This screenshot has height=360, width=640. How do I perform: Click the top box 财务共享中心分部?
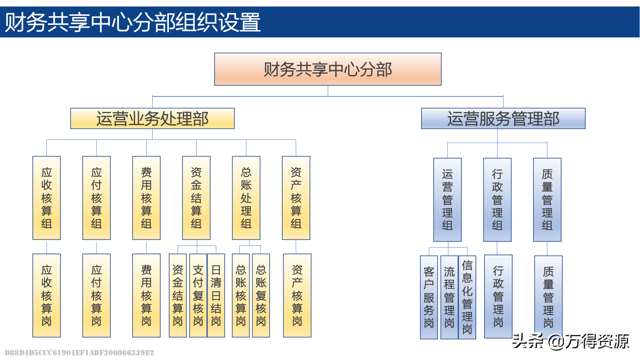tap(328, 69)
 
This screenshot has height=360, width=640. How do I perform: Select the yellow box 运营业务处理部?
tap(152, 118)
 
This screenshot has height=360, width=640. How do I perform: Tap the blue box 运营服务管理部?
tap(503, 118)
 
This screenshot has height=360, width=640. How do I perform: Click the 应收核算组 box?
tap(46, 198)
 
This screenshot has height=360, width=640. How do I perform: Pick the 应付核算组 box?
tap(96, 198)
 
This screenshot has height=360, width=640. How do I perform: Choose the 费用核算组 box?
tap(146, 198)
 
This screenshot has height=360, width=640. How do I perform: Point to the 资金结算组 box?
tap(196, 198)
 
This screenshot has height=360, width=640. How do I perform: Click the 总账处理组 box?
tap(246, 198)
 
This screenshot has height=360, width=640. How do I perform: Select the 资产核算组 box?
tap(296, 198)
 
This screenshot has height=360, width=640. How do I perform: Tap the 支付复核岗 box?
tap(198, 295)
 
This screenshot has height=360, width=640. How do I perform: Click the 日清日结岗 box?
tap(216, 295)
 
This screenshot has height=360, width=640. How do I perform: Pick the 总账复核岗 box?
tap(261, 295)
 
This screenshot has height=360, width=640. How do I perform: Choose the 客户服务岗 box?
tap(429, 297)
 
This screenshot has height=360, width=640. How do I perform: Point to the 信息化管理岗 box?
tap(467, 297)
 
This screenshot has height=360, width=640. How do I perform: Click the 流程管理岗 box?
tap(449, 297)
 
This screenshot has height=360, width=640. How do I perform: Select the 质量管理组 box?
tap(547, 199)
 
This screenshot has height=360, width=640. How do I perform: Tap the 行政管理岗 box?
tap(498, 296)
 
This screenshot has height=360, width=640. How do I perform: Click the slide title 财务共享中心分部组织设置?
tap(132, 22)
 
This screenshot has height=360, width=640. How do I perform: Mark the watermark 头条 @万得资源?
tap(571, 341)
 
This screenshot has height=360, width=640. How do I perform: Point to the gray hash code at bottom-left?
tap(79, 352)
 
